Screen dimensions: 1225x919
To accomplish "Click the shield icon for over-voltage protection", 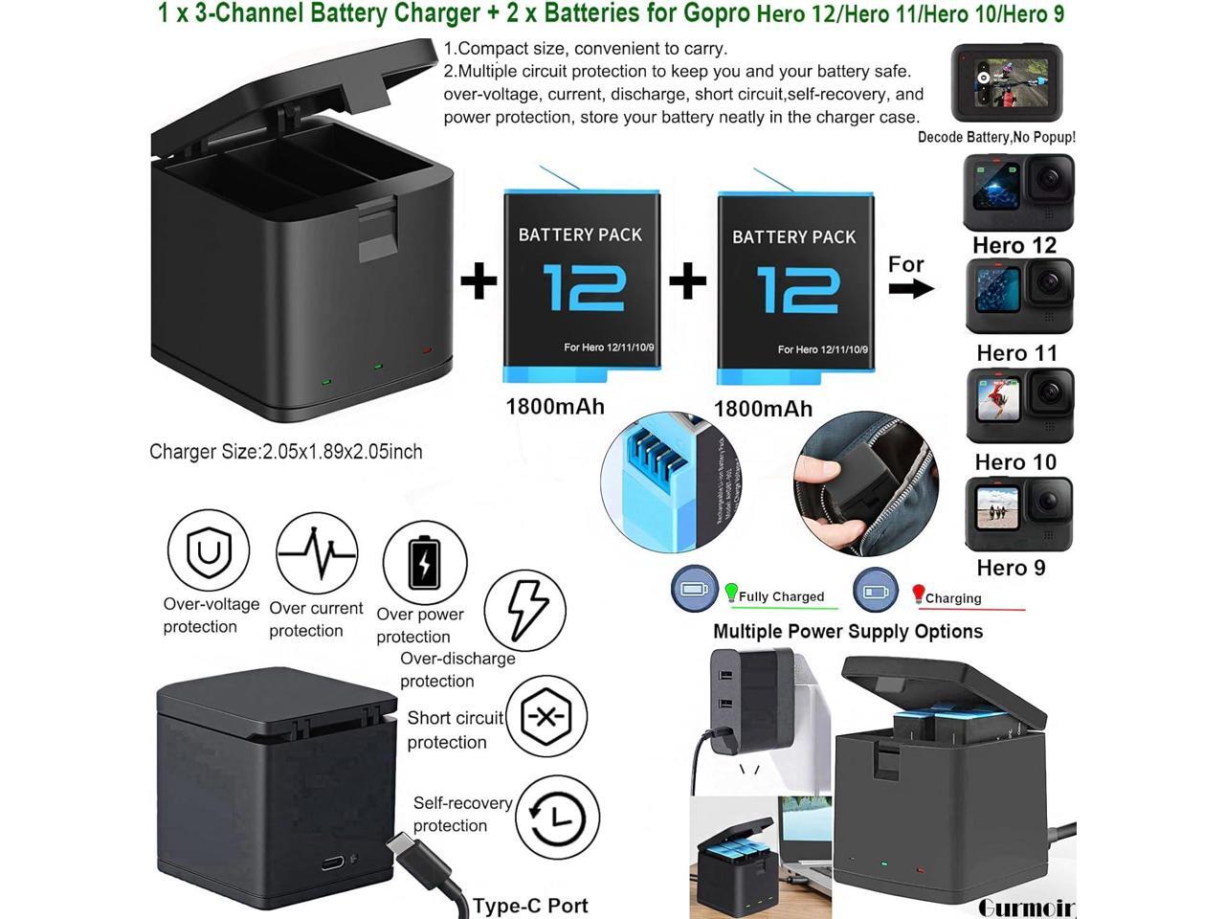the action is (x=209, y=550).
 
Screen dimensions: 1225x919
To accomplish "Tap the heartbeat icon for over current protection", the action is (x=317, y=553).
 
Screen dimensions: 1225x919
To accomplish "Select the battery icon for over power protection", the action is (x=425, y=563).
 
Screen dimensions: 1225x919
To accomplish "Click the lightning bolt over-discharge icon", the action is (x=525, y=610).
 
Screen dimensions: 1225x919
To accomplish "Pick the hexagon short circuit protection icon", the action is (x=546, y=716).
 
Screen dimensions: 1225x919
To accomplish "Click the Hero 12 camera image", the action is (x=1018, y=191).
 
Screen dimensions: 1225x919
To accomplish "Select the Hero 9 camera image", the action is (x=1018, y=514).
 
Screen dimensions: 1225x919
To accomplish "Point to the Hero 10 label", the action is (x=1015, y=462).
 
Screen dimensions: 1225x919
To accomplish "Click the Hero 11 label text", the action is (x=1016, y=353).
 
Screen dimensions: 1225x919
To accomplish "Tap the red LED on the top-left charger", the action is (x=427, y=351).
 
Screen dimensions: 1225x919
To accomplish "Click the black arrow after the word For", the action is (x=911, y=289).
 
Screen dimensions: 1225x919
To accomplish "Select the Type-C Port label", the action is (x=530, y=906).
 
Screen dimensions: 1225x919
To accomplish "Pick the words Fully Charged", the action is (x=781, y=596).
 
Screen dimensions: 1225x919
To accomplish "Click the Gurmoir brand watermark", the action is (x=1026, y=907).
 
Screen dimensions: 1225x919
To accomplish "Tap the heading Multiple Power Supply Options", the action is (x=848, y=632).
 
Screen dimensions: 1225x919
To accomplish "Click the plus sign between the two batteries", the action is (x=687, y=281).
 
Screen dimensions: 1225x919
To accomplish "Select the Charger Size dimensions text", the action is (x=285, y=452).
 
